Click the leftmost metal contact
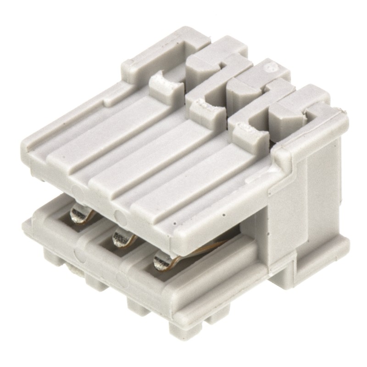(x=79, y=214)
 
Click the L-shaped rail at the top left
(x=151, y=60)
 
